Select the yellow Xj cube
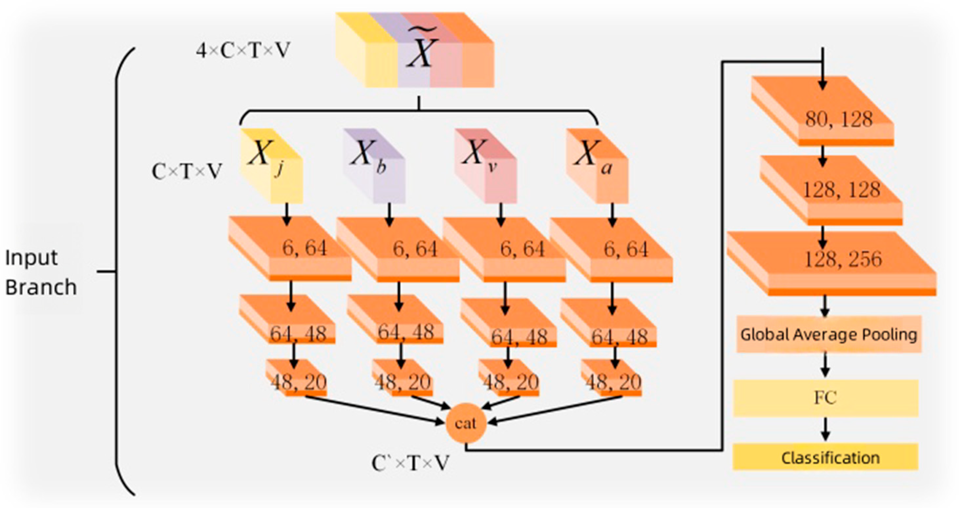pos(272,166)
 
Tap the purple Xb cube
pos(374,166)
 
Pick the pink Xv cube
pos(486,166)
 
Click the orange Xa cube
pos(597,166)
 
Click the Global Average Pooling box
pos(829,334)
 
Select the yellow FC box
pos(826,398)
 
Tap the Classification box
pos(826,457)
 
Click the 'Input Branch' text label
pos(40,273)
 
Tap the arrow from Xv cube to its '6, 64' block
pos(501,214)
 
